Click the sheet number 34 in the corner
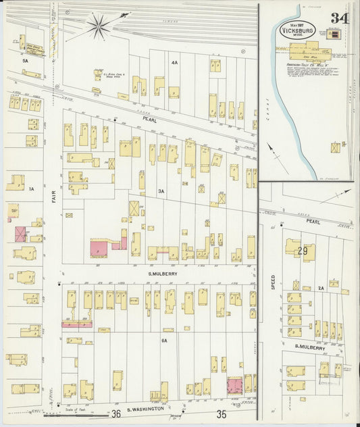click(339, 18)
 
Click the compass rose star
click(99, 26)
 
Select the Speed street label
click(273, 281)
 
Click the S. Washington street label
click(147, 409)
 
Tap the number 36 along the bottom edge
click(116, 413)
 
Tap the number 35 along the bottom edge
click(221, 413)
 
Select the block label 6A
click(163, 341)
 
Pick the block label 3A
click(161, 191)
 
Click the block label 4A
click(174, 63)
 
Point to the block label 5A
click(26, 61)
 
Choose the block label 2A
click(322, 288)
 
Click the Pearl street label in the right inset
click(311, 221)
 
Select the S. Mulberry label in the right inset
click(309, 346)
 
